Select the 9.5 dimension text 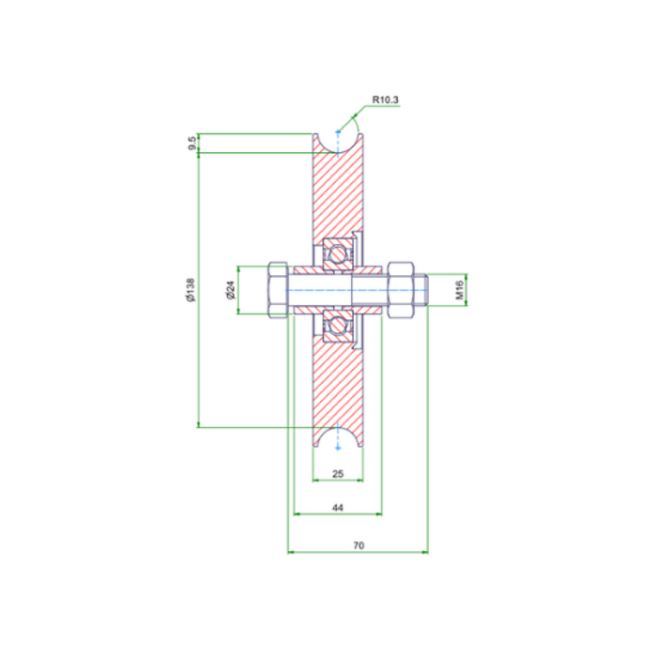coord(191,144)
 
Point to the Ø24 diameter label coord(230,291)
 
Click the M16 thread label coord(460,291)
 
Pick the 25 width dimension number coord(338,475)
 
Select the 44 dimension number coord(338,507)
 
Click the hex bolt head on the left coord(279,291)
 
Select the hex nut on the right coord(397,291)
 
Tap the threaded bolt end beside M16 coord(421,291)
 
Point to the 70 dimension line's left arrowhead coord(290,553)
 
